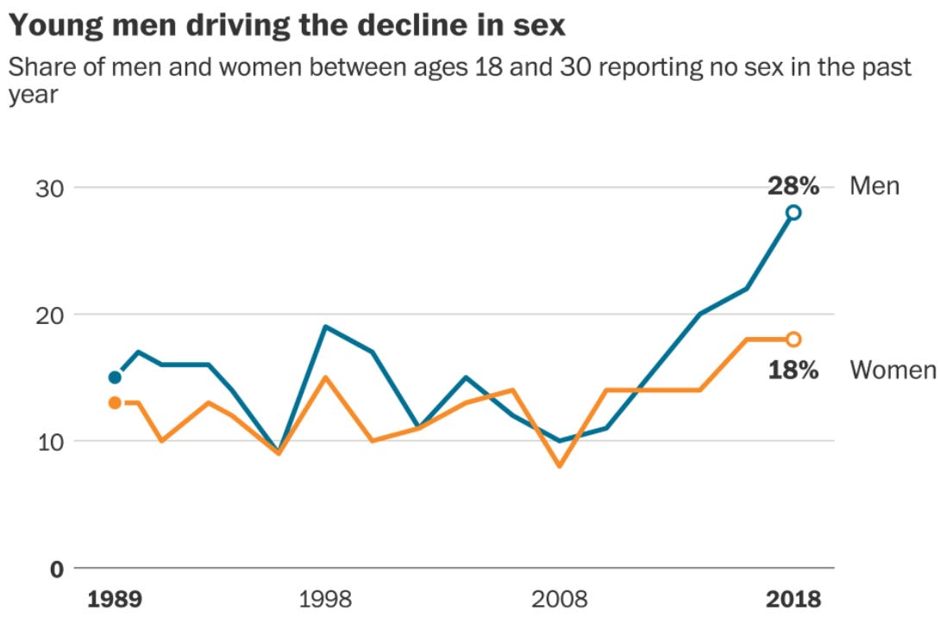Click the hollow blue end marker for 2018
[x=793, y=212]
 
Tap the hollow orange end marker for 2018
[x=793, y=340]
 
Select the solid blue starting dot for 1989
[x=115, y=377]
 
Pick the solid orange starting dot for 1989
[x=115, y=402]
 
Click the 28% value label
[x=793, y=186]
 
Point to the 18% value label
[x=793, y=370]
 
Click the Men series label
[x=874, y=186]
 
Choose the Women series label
[x=893, y=370]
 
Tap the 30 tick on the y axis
[x=49, y=188]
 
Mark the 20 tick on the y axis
[x=49, y=315]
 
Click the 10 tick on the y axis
[x=50, y=442]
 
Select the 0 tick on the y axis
[x=57, y=569]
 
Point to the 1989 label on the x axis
[x=115, y=599]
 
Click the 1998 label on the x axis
[x=325, y=599]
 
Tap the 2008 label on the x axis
[x=560, y=599]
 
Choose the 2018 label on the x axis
[x=793, y=599]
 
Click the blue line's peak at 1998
[x=325, y=327]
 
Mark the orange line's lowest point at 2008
[x=560, y=465]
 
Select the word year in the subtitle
[x=33, y=96]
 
